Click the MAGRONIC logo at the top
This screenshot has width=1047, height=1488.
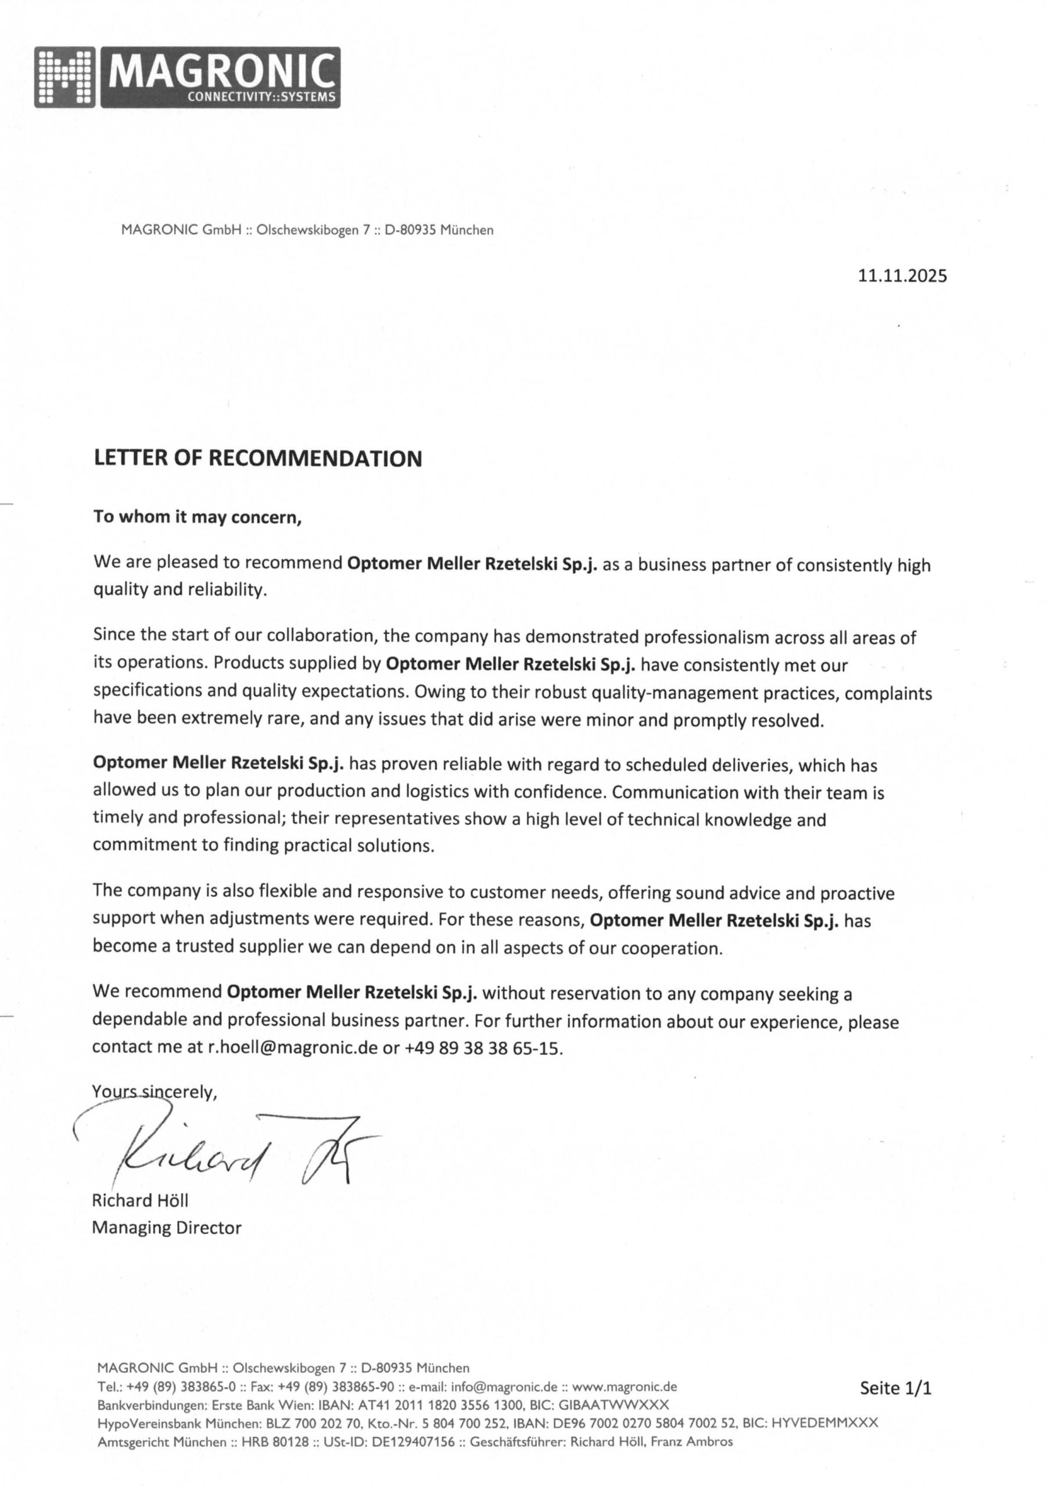187,77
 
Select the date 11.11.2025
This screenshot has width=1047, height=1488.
902,276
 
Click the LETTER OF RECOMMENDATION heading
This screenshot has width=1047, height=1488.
258,459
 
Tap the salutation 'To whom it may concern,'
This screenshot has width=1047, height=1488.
198,517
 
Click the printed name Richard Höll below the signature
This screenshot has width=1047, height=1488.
140,1200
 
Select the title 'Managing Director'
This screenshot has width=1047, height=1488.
167,1228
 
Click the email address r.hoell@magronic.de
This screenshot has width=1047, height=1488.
292,1048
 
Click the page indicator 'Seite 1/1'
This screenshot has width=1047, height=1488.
895,1388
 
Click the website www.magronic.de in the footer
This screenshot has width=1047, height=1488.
625,1387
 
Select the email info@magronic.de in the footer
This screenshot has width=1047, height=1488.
504,1387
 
